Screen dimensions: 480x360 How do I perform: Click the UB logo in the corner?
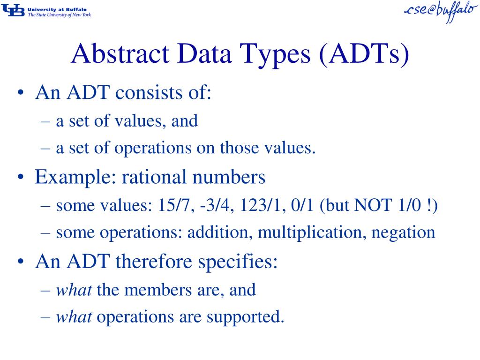tap(13, 11)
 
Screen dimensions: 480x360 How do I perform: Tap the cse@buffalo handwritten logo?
tap(441, 11)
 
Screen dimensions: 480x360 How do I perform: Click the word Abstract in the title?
tap(120, 53)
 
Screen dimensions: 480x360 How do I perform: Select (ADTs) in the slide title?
tap(364, 54)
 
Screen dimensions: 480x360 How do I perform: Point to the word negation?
tap(403, 233)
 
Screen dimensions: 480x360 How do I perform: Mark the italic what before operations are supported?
tap(74, 316)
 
